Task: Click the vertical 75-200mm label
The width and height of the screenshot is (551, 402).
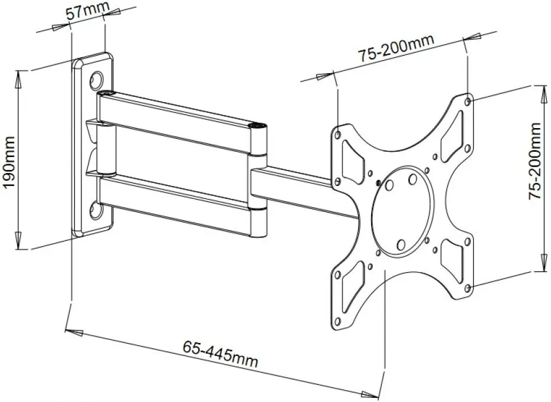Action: click(x=535, y=160)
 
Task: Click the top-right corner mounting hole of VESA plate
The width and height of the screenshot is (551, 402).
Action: click(x=468, y=102)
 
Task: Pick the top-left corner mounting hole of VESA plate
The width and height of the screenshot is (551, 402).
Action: click(x=337, y=135)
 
